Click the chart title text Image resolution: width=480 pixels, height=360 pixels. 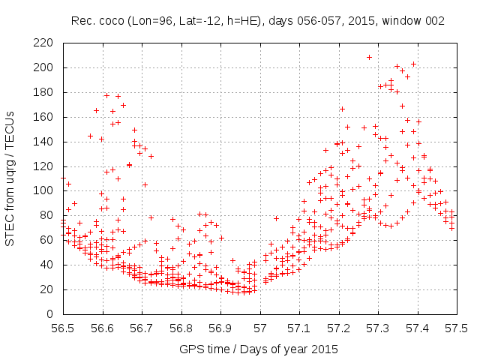click(259, 21)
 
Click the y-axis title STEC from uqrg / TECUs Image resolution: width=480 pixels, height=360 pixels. click(13, 177)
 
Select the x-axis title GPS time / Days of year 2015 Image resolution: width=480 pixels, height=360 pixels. click(259, 349)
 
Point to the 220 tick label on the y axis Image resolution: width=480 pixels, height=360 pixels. click(43, 43)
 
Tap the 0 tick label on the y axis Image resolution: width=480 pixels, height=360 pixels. click(50, 313)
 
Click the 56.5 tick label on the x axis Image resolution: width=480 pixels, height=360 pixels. click(63, 328)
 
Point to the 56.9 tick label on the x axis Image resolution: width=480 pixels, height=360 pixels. click(220, 328)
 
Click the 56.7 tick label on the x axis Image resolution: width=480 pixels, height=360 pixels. click(142, 328)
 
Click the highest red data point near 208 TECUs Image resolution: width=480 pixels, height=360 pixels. click(370, 57)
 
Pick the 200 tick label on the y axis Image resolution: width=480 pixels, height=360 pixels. click(43, 67)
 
